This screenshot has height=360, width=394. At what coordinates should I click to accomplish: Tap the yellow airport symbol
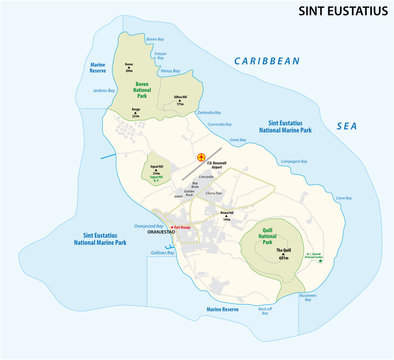pos(202,157)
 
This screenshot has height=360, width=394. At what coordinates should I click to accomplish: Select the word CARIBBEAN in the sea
pos(267,61)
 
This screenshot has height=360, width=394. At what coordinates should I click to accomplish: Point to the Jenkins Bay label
pos(102,90)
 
